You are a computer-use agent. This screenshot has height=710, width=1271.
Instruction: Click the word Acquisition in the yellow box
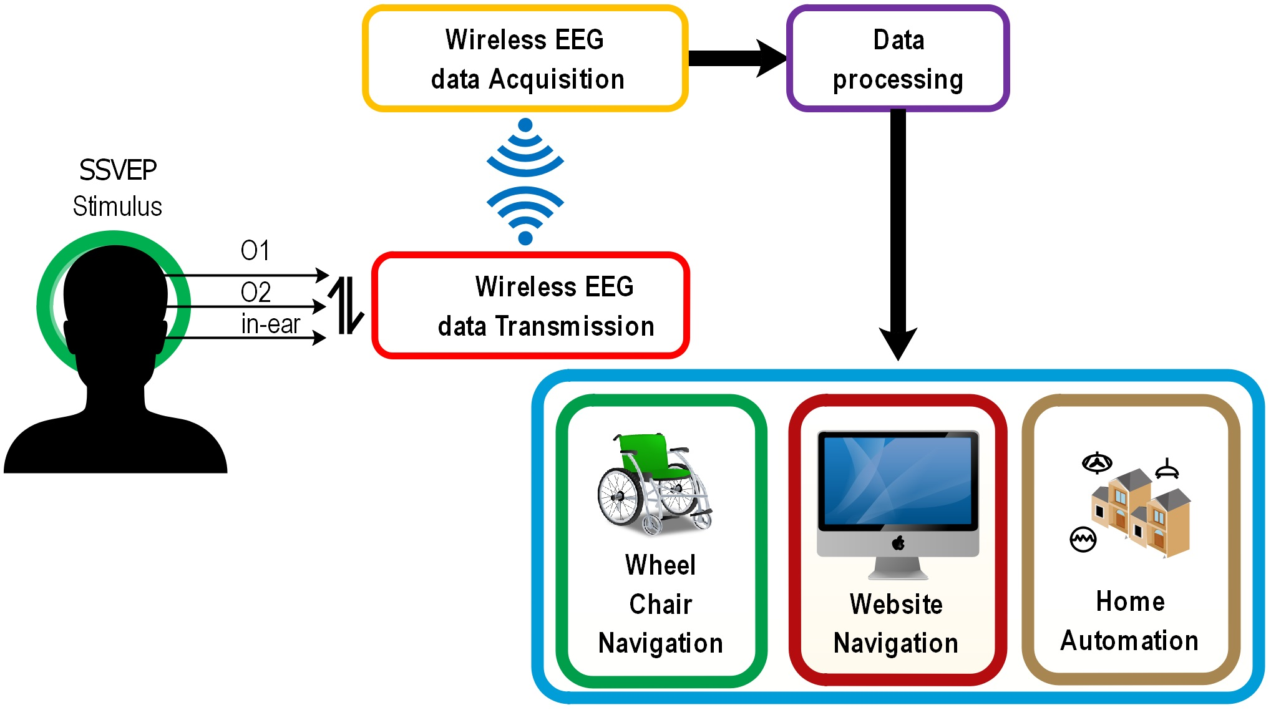pos(557,80)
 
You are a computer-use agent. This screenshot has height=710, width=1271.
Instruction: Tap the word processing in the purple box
pos(898,80)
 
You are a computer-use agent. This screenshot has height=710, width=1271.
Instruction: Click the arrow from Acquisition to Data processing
pos(736,58)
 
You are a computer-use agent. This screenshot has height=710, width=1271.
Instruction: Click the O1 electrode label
pos(255,251)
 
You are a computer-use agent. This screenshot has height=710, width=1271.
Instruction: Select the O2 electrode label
pos(256,292)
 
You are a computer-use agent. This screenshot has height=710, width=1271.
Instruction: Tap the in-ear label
pos(271,324)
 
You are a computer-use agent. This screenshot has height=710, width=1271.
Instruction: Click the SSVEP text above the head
pos(118,170)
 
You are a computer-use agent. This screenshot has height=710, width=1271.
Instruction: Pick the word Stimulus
pos(117,207)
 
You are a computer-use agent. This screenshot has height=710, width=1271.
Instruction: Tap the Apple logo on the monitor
pos(898,543)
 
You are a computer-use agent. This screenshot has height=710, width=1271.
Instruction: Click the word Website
pos(896,604)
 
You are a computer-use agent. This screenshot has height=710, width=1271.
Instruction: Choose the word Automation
pos(1129,641)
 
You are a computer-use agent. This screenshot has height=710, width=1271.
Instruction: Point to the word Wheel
pos(660,565)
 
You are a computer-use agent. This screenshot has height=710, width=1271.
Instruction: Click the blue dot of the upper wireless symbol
pos(525,125)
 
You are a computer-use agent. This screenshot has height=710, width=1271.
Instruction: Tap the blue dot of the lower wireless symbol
pos(525,238)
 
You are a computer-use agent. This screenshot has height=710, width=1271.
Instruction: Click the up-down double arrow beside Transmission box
pos(346,306)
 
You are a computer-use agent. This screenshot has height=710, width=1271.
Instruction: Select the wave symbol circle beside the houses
pos(1083,539)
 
